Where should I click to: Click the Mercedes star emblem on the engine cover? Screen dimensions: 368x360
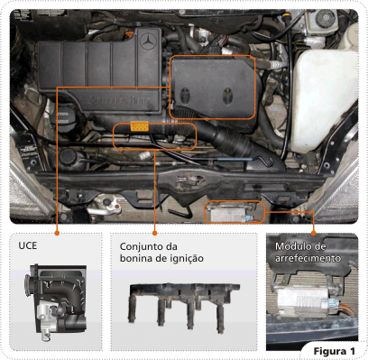tap(148, 42)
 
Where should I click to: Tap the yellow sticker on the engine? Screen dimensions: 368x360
tap(140, 126)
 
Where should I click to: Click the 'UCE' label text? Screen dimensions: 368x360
tap(28, 245)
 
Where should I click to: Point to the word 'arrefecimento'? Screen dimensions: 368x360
tap(308, 258)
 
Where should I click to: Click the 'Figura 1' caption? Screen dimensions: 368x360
tap(335, 351)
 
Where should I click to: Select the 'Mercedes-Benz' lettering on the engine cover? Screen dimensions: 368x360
tap(120, 100)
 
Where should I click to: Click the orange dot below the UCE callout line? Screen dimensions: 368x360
tap(57, 233)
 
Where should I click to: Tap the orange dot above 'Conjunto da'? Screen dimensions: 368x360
tap(155, 233)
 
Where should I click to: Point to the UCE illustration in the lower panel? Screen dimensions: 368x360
tap(56, 301)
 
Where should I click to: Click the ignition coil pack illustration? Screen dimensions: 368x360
tap(184, 306)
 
